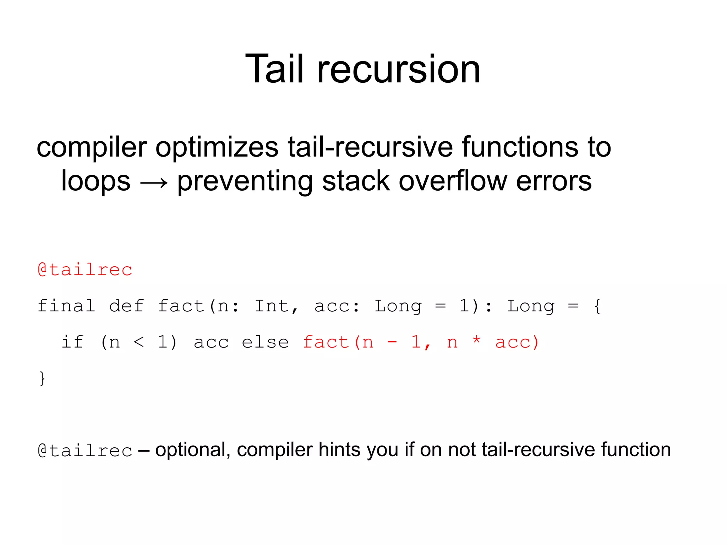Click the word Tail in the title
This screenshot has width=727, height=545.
coord(274,69)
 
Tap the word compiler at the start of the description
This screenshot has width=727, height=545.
coord(92,148)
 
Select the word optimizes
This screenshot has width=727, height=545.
coord(217,148)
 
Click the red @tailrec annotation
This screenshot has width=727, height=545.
coord(85,269)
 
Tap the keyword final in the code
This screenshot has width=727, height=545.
coord(66,306)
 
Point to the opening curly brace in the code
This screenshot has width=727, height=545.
coord(597,306)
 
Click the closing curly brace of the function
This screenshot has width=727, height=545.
coord(42,378)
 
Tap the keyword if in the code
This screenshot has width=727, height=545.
coord(73,342)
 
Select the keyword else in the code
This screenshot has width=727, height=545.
coord(265,342)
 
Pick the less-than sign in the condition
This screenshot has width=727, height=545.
coord(139,342)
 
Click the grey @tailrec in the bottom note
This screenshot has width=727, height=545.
coord(85,451)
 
